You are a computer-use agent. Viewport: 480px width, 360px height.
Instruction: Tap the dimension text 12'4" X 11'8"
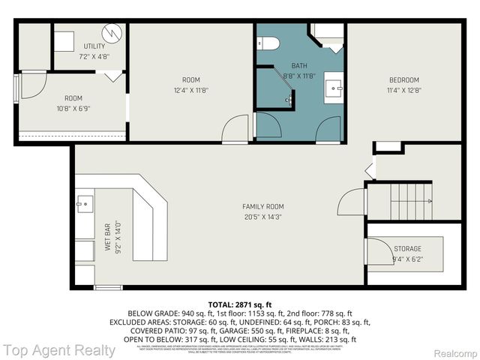point(191,91)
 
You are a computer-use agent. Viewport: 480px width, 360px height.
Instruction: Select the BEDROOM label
point(403,80)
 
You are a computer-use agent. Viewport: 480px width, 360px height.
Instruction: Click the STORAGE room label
point(407,249)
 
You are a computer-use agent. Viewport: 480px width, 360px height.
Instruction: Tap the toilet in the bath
point(268,41)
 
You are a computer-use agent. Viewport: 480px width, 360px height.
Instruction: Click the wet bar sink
point(84,202)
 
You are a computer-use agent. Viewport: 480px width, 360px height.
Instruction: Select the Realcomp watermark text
point(454,351)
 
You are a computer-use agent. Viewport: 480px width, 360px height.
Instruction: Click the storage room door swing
point(374,250)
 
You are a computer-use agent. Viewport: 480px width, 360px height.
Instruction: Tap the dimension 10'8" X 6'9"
point(73,109)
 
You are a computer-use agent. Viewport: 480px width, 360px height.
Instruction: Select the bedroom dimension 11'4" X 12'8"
point(403,91)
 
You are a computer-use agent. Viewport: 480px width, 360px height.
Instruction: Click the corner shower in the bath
point(328,36)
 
